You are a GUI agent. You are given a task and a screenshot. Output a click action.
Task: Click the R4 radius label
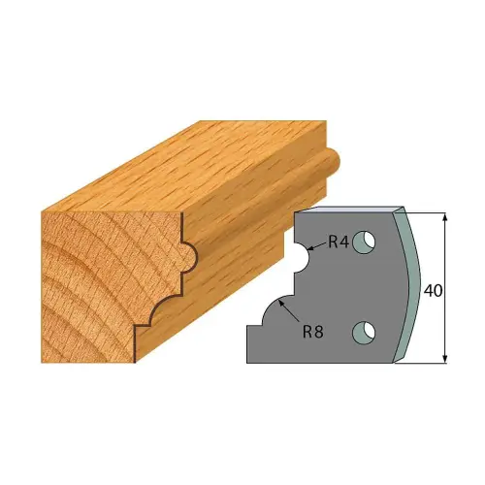339,242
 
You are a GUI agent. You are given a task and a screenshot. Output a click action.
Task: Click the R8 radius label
313,332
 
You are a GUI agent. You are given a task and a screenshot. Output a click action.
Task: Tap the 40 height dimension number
433,291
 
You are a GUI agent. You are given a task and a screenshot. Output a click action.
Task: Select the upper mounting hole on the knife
364,242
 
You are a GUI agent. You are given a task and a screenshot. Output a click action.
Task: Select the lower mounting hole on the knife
364,333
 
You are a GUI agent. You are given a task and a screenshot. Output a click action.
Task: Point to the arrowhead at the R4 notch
309,248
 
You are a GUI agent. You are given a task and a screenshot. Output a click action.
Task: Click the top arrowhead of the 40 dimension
445,217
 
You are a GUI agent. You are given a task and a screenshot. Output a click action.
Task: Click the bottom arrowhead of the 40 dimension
445,358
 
